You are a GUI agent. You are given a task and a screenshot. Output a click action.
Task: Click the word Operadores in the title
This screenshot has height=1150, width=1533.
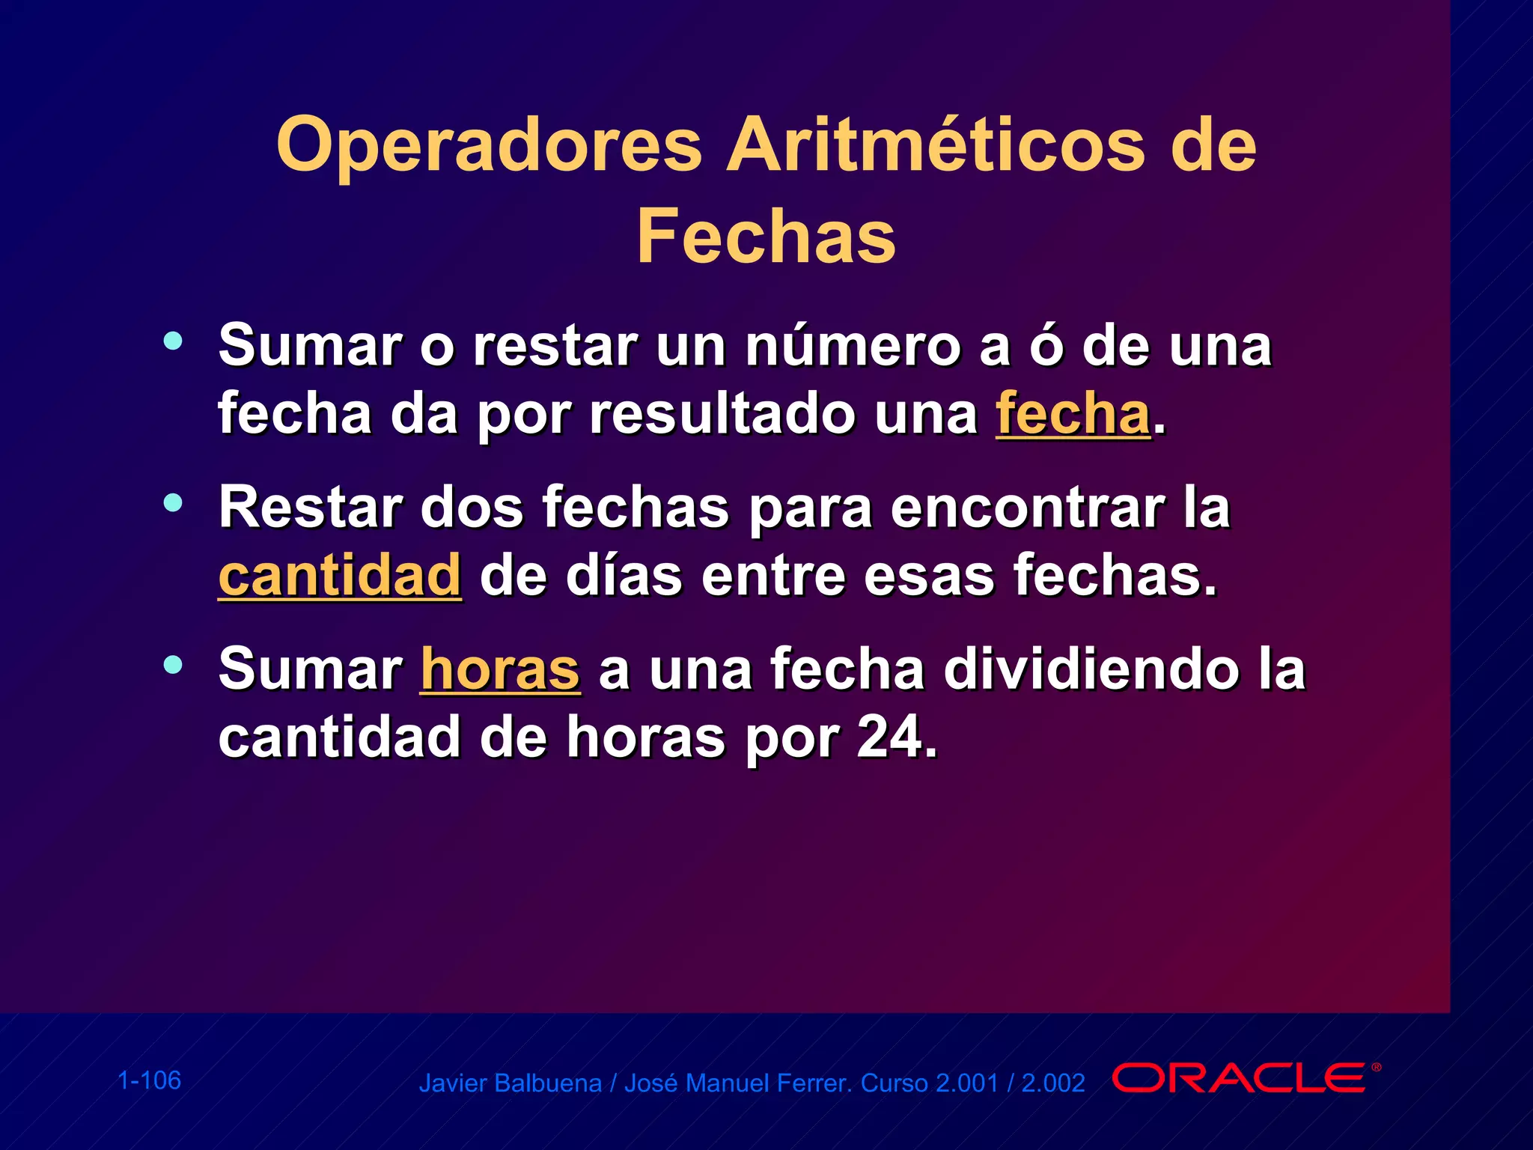[489, 146]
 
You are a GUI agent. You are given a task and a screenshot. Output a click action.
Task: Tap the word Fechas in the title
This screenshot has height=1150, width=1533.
[766, 237]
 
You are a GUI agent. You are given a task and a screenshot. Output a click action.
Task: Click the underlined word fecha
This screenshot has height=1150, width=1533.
[1073, 414]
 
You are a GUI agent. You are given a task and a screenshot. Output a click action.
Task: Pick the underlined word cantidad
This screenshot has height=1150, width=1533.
[340, 576]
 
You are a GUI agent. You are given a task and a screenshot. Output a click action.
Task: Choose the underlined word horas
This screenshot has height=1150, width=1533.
[500, 669]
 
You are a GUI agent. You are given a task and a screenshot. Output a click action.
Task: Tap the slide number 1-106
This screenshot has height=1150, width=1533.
[150, 1080]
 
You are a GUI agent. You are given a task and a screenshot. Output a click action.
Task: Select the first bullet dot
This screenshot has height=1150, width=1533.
[173, 341]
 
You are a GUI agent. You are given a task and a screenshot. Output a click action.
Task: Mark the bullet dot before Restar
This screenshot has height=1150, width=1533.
[173, 502]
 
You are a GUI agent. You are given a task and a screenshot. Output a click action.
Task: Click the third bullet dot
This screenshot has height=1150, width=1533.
[173, 664]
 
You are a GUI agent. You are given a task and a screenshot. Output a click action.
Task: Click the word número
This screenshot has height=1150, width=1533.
[853, 346]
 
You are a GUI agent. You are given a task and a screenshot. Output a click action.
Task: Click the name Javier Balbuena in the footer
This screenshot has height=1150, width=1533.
[510, 1083]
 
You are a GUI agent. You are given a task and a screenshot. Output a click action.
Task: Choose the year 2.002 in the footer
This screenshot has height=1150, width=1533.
[1052, 1083]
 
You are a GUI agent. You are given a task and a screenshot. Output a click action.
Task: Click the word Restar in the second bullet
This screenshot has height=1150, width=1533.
[310, 508]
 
